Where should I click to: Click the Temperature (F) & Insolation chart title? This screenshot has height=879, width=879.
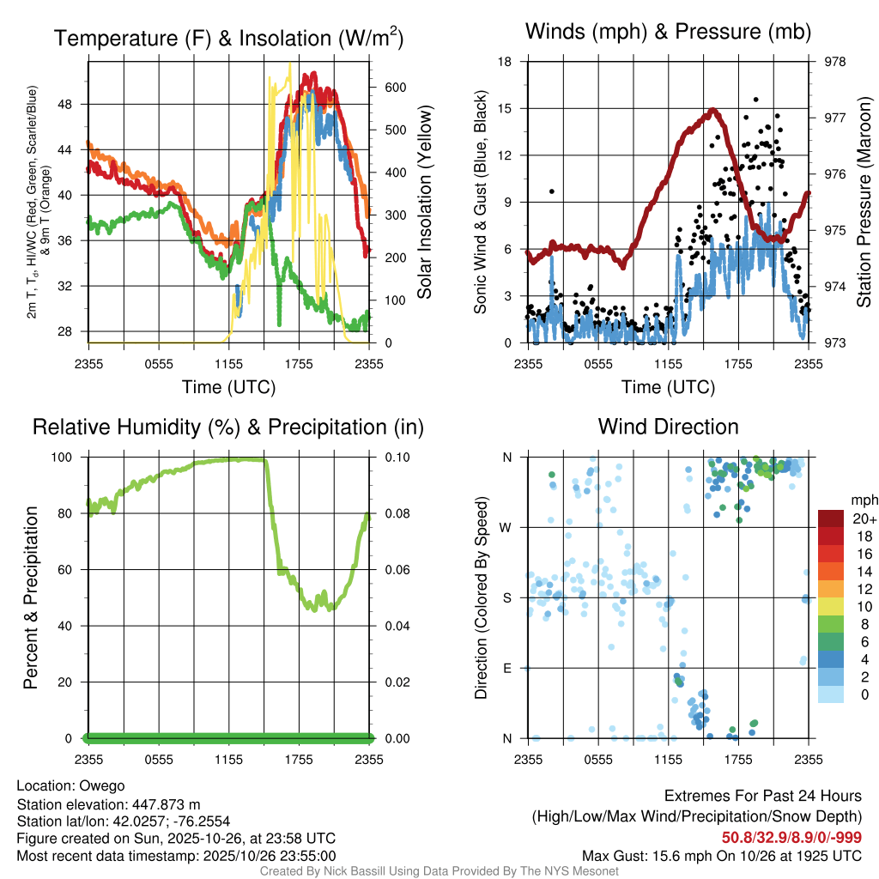pos(228,39)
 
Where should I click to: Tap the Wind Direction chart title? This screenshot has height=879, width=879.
pos(668,427)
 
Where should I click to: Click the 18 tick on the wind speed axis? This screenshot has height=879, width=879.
pos(506,62)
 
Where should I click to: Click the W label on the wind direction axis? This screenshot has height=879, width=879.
pos(506,527)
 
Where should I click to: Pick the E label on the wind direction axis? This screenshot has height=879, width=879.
pos(507,668)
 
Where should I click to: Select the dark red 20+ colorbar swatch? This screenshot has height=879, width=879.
pos(833,518)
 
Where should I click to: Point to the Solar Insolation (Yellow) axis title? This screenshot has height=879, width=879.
pos(424,203)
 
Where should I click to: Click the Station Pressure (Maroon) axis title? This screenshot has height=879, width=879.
pos(864,203)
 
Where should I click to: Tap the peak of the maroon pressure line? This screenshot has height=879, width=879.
pos(712,110)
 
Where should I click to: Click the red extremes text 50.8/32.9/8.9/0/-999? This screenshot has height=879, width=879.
pos(791,838)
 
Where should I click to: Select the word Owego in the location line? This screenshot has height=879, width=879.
pos(102,786)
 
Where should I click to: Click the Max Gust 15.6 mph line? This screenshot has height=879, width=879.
pos(721,855)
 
